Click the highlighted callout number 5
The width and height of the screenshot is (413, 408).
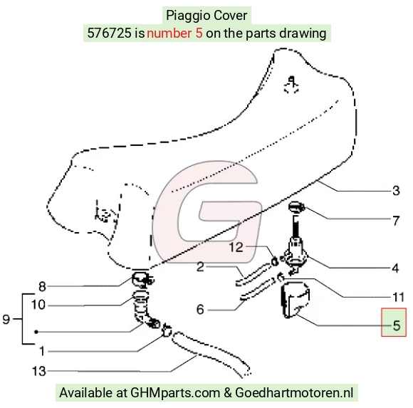pos(397,325)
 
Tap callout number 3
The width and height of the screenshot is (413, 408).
pos(396,190)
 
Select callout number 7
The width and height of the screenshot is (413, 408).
pos(396,221)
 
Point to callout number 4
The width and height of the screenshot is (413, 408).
pos(395,268)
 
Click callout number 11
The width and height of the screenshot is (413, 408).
pos(398,298)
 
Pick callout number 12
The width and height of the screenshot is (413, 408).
pos(236,247)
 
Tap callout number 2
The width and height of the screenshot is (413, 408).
pos(200,266)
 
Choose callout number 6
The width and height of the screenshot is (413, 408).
pos(200,309)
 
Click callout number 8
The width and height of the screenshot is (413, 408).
pos(42,286)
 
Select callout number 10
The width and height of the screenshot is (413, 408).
pos(38,305)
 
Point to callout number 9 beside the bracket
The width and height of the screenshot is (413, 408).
pos(6,319)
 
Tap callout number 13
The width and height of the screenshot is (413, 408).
pos(38,372)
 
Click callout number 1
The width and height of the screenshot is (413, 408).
pos(42,351)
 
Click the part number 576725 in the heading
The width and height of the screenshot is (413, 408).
pos(109,33)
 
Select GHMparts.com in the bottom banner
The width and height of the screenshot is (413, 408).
pos(175,393)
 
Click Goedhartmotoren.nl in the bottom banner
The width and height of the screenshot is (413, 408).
pos(294,392)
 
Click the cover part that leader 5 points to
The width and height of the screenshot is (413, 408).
pos(295,300)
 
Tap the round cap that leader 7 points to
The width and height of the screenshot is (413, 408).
pos(297,206)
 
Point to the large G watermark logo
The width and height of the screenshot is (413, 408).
pos(207,211)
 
